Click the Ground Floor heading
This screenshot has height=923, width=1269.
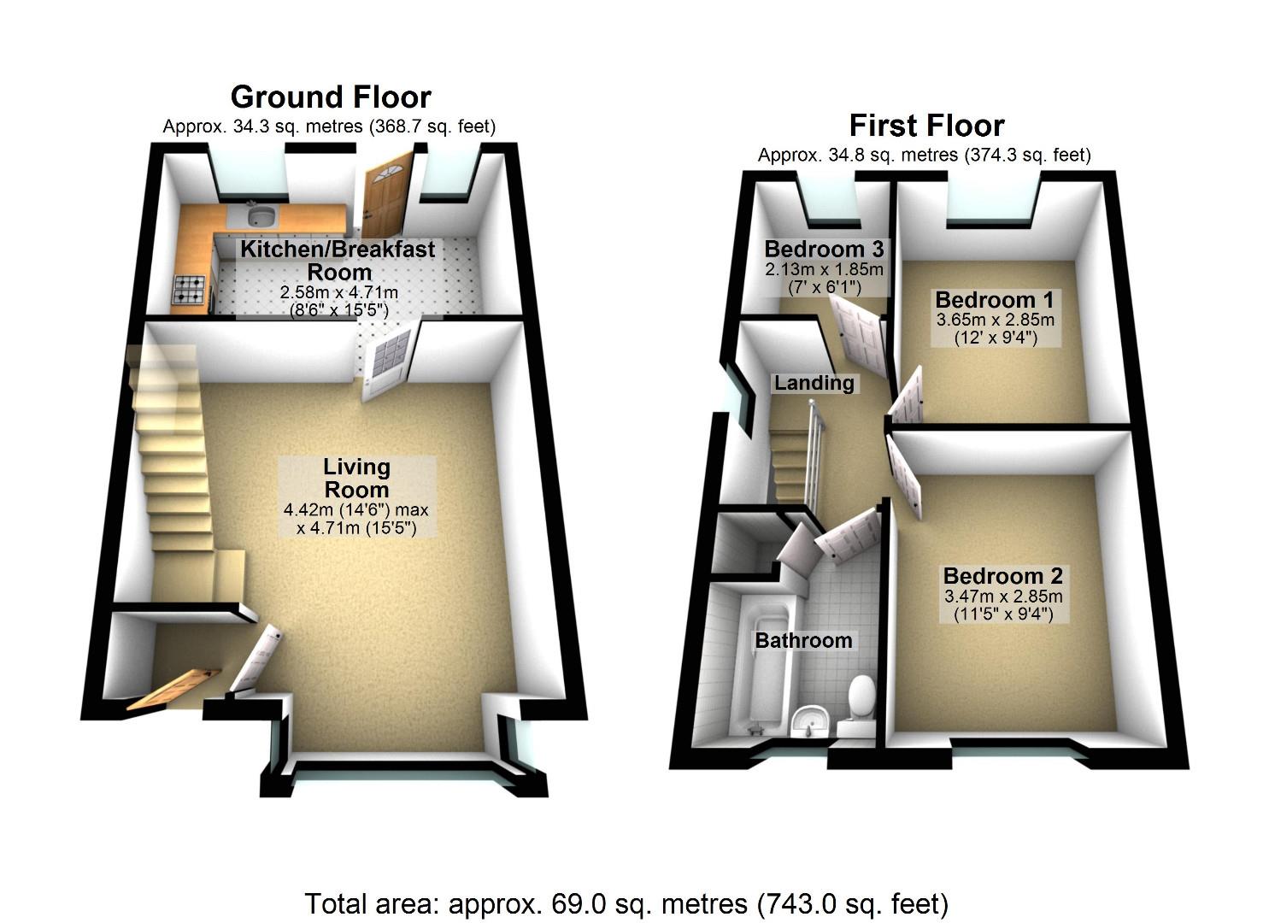pyautogui.click(x=330, y=97)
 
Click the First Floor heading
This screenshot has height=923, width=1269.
pyautogui.click(x=925, y=126)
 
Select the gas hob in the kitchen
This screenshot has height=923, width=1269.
pyautogui.click(x=191, y=290)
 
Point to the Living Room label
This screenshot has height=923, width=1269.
pyautogui.click(x=356, y=478)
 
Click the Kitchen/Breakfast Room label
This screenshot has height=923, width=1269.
pyautogui.click(x=338, y=261)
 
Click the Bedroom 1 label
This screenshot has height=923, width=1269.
pyautogui.click(x=995, y=300)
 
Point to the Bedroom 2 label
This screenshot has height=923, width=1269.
pyautogui.click(x=1002, y=575)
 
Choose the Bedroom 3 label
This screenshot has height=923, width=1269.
pyautogui.click(x=824, y=249)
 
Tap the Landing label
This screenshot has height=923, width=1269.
pyautogui.click(x=814, y=383)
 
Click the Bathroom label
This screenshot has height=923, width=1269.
pyautogui.click(x=803, y=640)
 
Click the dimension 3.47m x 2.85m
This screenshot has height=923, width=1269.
pyautogui.click(x=1002, y=596)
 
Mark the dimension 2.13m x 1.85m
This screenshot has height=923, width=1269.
pyautogui.click(x=824, y=268)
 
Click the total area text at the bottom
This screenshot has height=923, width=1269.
pyautogui.click(x=626, y=902)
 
